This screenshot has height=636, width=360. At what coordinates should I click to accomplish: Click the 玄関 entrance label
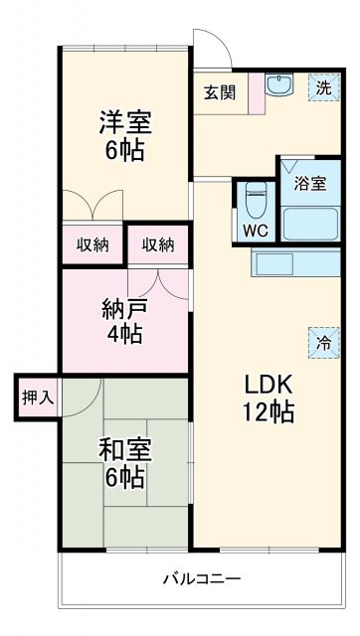pos(219,92)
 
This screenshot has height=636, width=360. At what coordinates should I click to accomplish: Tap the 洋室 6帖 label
pos(123,135)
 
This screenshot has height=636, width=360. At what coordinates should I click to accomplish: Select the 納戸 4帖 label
pos(124,320)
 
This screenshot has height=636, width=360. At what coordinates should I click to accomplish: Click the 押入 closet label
pos(37,397)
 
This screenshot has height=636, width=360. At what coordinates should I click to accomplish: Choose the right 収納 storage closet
pos(157,244)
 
